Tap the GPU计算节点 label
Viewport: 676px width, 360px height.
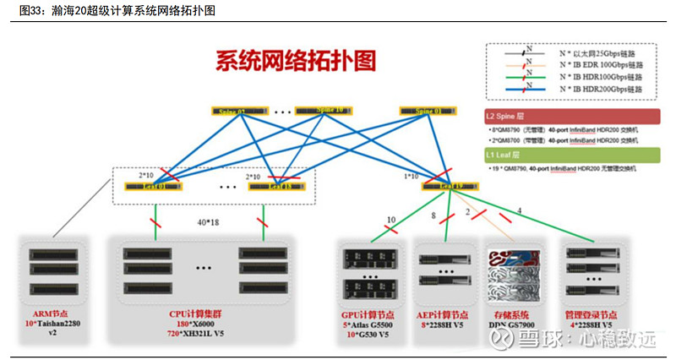coord(365,314)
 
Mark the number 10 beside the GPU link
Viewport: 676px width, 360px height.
coord(390,221)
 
